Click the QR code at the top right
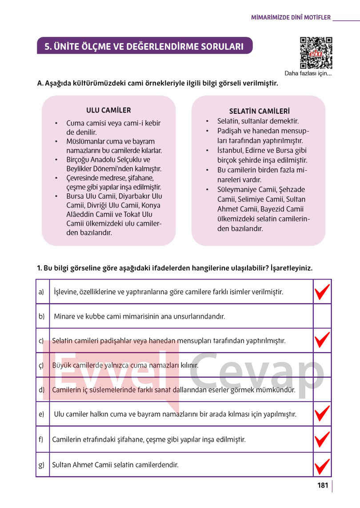[x=316, y=53]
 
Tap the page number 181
[x=323, y=485]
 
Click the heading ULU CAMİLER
[x=108, y=110]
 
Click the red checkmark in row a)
[x=322, y=292]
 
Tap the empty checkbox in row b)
[x=322, y=316]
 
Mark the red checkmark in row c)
[x=322, y=340]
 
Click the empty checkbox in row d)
[x=322, y=390]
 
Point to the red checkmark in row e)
[x=322, y=414]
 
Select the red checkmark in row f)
[x=322, y=439]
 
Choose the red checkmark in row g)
[x=322, y=465]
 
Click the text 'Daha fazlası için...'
[x=308, y=74]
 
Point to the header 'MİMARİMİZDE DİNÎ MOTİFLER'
[x=291, y=18]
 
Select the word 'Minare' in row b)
[x=64, y=317]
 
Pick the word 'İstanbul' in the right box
[x=231, y=150]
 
